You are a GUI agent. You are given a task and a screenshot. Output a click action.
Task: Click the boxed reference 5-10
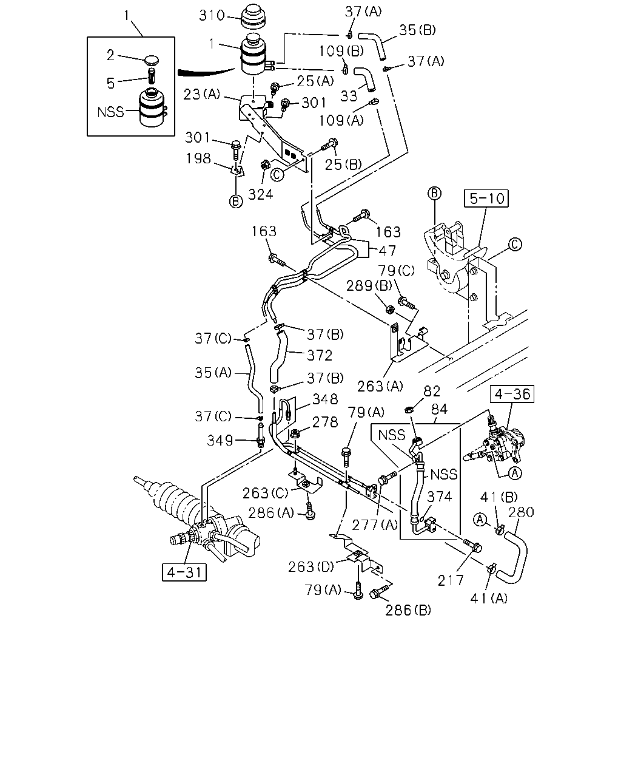[x=486, y=198]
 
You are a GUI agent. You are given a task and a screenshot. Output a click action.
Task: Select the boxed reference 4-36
[x=512, y=394]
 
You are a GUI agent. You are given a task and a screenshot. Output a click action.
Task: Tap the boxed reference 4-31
[x=184, y=572]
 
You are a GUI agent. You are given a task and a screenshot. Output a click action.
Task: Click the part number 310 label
[x=212, y=15]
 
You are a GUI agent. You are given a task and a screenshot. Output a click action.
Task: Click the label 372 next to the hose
[x=320, y=355]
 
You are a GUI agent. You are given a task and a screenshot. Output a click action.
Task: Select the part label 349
[x=220, y=441]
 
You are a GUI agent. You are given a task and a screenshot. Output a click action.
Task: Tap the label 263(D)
[x=311, y=567]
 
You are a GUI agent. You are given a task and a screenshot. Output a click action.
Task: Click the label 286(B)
[x=408, y=610]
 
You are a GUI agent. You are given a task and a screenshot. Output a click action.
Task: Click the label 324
[x=261, y=195]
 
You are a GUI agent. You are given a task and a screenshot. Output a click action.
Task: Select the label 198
[x=198, y=158]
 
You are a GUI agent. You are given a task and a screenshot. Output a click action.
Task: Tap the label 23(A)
[x=202, y=95]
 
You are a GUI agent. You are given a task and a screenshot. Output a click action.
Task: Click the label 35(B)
[x=417, y=30]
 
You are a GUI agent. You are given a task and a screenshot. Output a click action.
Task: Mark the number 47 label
[x=387, y=251]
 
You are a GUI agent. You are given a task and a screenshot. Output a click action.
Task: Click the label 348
[x=325, y=399]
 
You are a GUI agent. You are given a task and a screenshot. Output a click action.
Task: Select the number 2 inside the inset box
[x=110, y=55]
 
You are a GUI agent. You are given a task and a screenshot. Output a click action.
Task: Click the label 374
[x=440, y=497]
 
